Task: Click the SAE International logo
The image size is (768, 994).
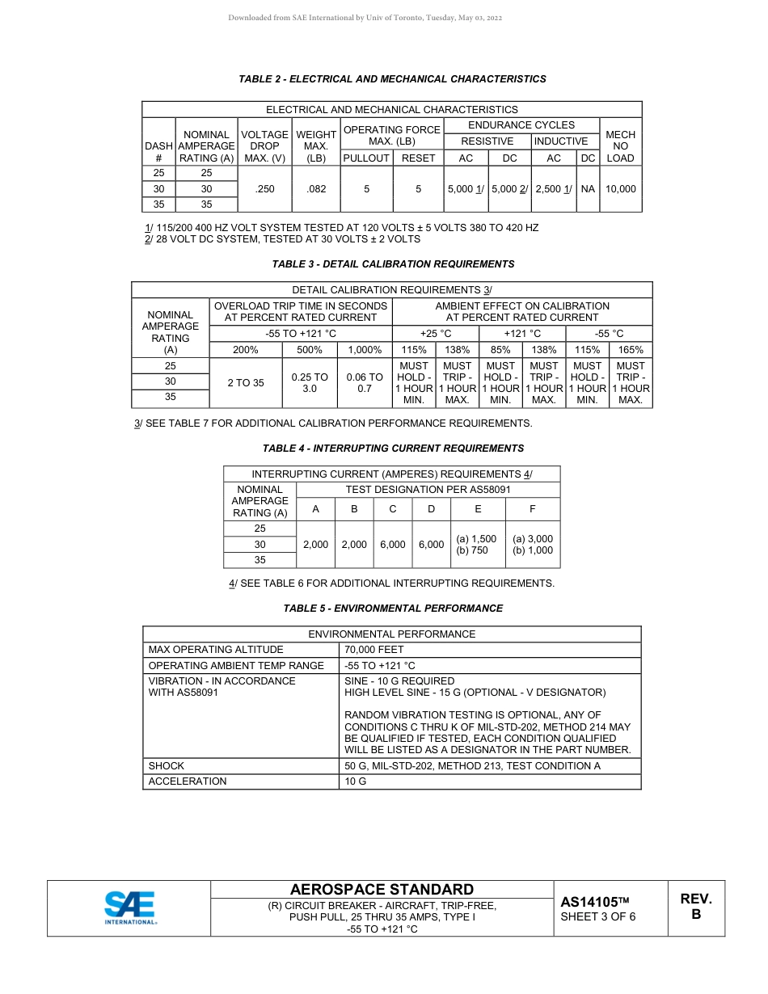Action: (x=129, y=908)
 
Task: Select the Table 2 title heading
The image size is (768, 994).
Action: (x=392, y=79)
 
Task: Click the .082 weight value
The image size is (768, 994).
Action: (x=316, y=189)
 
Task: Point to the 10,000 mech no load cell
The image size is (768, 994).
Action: (x=620, y=189)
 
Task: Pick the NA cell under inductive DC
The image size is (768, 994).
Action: (x=588, y=189)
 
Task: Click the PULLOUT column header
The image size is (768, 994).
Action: (x=366, y=158)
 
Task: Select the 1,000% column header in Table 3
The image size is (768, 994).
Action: (x=365, y=350)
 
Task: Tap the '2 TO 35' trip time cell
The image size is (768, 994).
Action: (x=246, y=383)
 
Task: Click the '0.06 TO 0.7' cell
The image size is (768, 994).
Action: (x=365, y=383)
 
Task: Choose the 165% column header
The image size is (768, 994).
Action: (x=631, y=350)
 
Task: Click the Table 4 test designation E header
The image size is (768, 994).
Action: (x=478, y=509)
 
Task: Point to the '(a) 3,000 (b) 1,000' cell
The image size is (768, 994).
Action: (x=533, y=545)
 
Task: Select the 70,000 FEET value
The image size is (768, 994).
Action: (x=374, y=650)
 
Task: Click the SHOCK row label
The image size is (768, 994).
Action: (x=167, y=765)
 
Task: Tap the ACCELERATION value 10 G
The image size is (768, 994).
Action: (x=356, y=781)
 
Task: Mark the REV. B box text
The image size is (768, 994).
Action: (x=695, y=907)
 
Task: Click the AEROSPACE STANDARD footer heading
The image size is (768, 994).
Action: (x=382, y=890)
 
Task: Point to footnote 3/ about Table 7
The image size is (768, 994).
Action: (x=333, y=423)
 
